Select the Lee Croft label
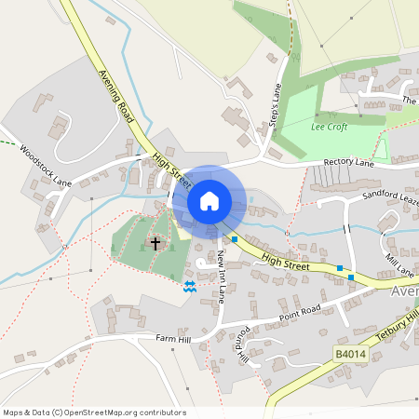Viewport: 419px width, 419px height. coord(330,126)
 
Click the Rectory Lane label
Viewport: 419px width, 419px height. coord(348,163)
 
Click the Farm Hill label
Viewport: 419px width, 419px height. coord(172,337)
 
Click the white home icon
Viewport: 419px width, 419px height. coord(209,201)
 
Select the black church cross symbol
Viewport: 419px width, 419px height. coord(155,244)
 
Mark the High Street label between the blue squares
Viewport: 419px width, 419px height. coord(284,264)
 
